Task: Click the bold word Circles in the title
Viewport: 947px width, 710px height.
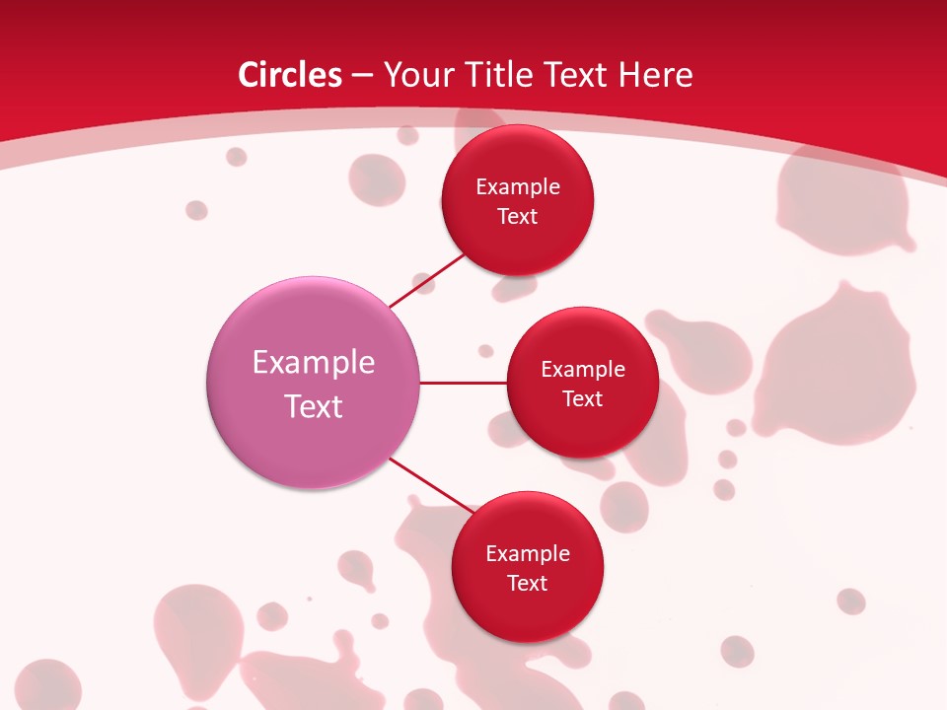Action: pos(290,75)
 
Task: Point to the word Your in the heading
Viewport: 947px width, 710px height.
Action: pos(417,75)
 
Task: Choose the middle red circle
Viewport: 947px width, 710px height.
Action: pos(583,429)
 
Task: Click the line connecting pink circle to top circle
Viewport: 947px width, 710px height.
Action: pos(427,282)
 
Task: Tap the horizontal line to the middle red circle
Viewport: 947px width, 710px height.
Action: pos(464,383)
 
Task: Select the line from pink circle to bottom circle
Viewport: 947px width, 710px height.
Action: pos(431,484)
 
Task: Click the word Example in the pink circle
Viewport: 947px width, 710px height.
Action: pos(314,363)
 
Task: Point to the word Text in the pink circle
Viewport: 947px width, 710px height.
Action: pos(314,406)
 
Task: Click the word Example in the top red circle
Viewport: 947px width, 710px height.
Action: pos(518,187)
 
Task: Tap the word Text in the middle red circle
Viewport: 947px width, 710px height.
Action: pos(583,398)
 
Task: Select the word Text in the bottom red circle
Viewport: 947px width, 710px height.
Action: pos(528,583)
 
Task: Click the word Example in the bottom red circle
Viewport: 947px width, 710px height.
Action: pos(528,554)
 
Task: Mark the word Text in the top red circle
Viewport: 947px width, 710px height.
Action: pos(518,216)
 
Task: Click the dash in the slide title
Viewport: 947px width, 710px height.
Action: pos(362,76)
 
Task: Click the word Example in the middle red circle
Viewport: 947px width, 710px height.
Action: pos(583,370)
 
